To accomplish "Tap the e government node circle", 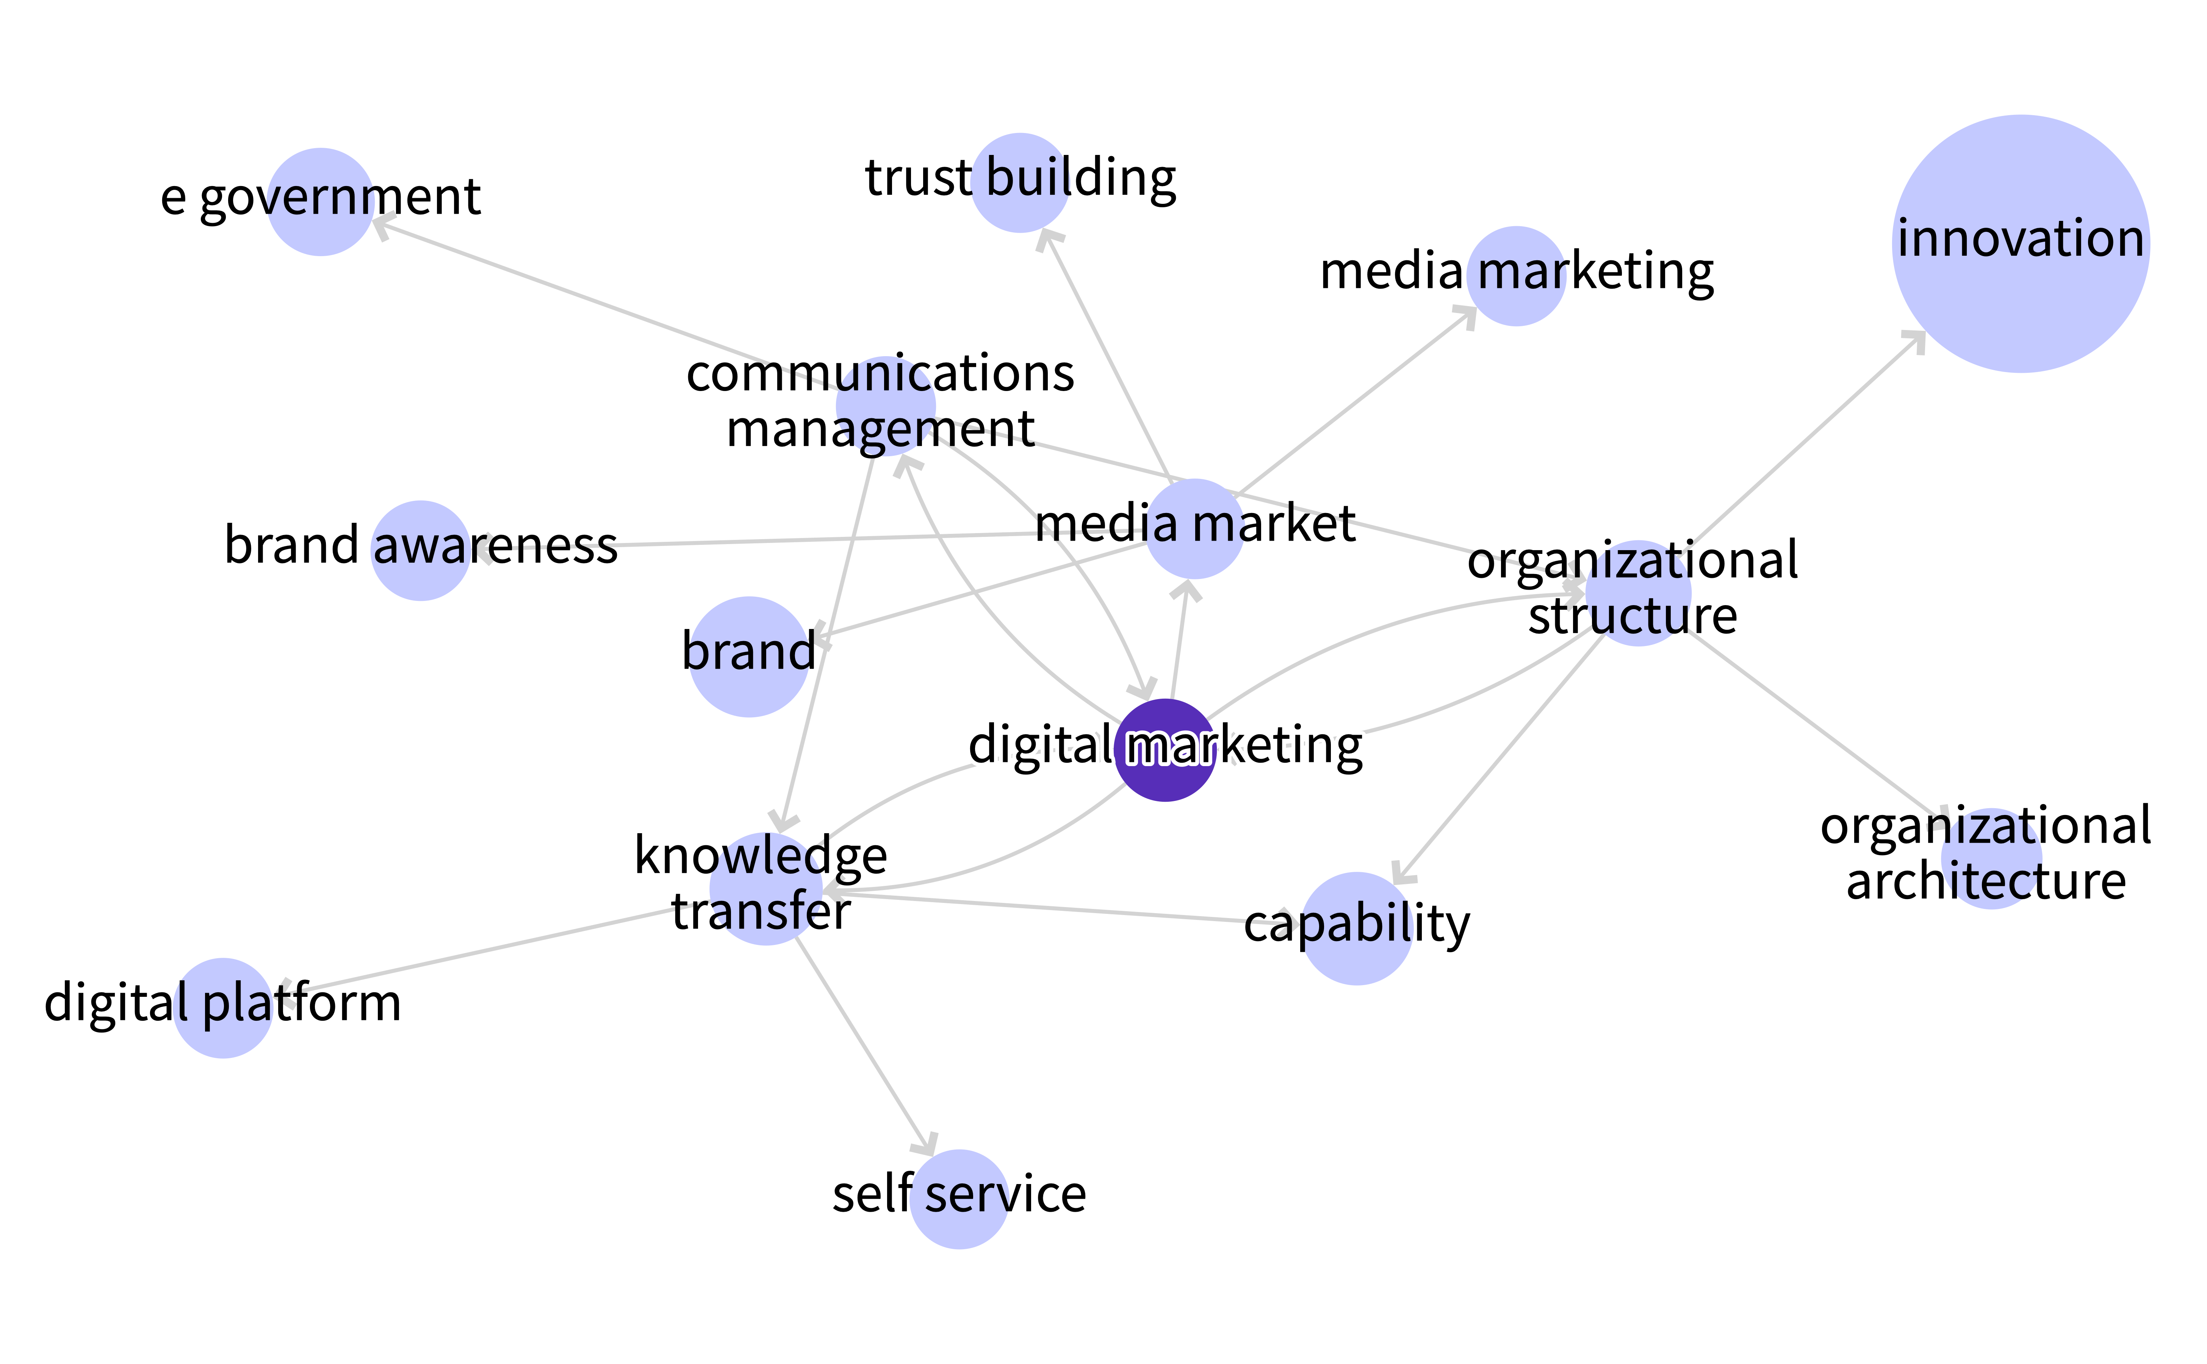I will point(320,202).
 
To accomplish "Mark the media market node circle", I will point(1194,529).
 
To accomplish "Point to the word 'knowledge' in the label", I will point(761,855).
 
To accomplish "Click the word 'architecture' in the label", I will point(1986,881).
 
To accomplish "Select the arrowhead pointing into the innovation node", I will point(1913,342).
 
